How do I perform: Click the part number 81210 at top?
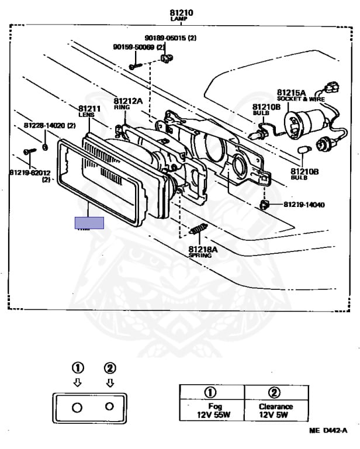181,13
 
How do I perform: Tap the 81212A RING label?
128,103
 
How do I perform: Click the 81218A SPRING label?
203,252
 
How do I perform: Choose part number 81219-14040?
304,205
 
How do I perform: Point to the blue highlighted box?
89,223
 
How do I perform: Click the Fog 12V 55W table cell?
211,411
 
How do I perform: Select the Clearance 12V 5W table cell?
276,411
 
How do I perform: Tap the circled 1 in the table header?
211,392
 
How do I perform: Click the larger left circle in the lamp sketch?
77,407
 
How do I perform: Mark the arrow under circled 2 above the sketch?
109,383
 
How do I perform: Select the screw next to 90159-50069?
133,66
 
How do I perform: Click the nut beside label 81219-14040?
265,204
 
